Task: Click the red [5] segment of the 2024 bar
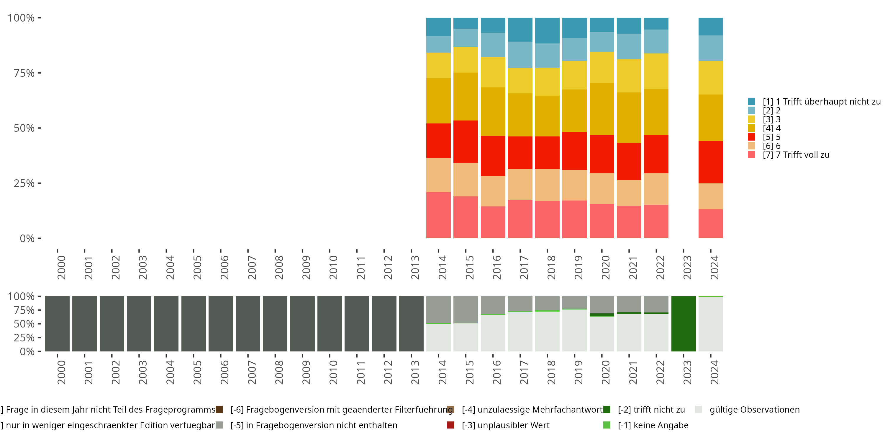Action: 710,162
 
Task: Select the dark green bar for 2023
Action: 683,324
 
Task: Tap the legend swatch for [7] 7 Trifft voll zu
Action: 752,155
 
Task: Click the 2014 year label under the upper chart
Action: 442,268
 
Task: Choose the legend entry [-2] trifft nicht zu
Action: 651,410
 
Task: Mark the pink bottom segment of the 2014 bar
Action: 438,215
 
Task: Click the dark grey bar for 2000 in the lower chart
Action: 57,324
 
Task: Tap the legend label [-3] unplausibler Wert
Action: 505,426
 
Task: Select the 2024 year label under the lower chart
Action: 714,372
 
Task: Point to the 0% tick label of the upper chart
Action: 27,238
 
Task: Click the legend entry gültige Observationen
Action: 754,410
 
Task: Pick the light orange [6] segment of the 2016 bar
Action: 493,191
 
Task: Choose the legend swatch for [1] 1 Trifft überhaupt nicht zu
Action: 752,102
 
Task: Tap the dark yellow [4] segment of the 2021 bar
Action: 629,117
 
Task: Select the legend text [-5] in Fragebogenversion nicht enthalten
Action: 314,426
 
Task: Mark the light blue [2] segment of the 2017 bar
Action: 520,55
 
